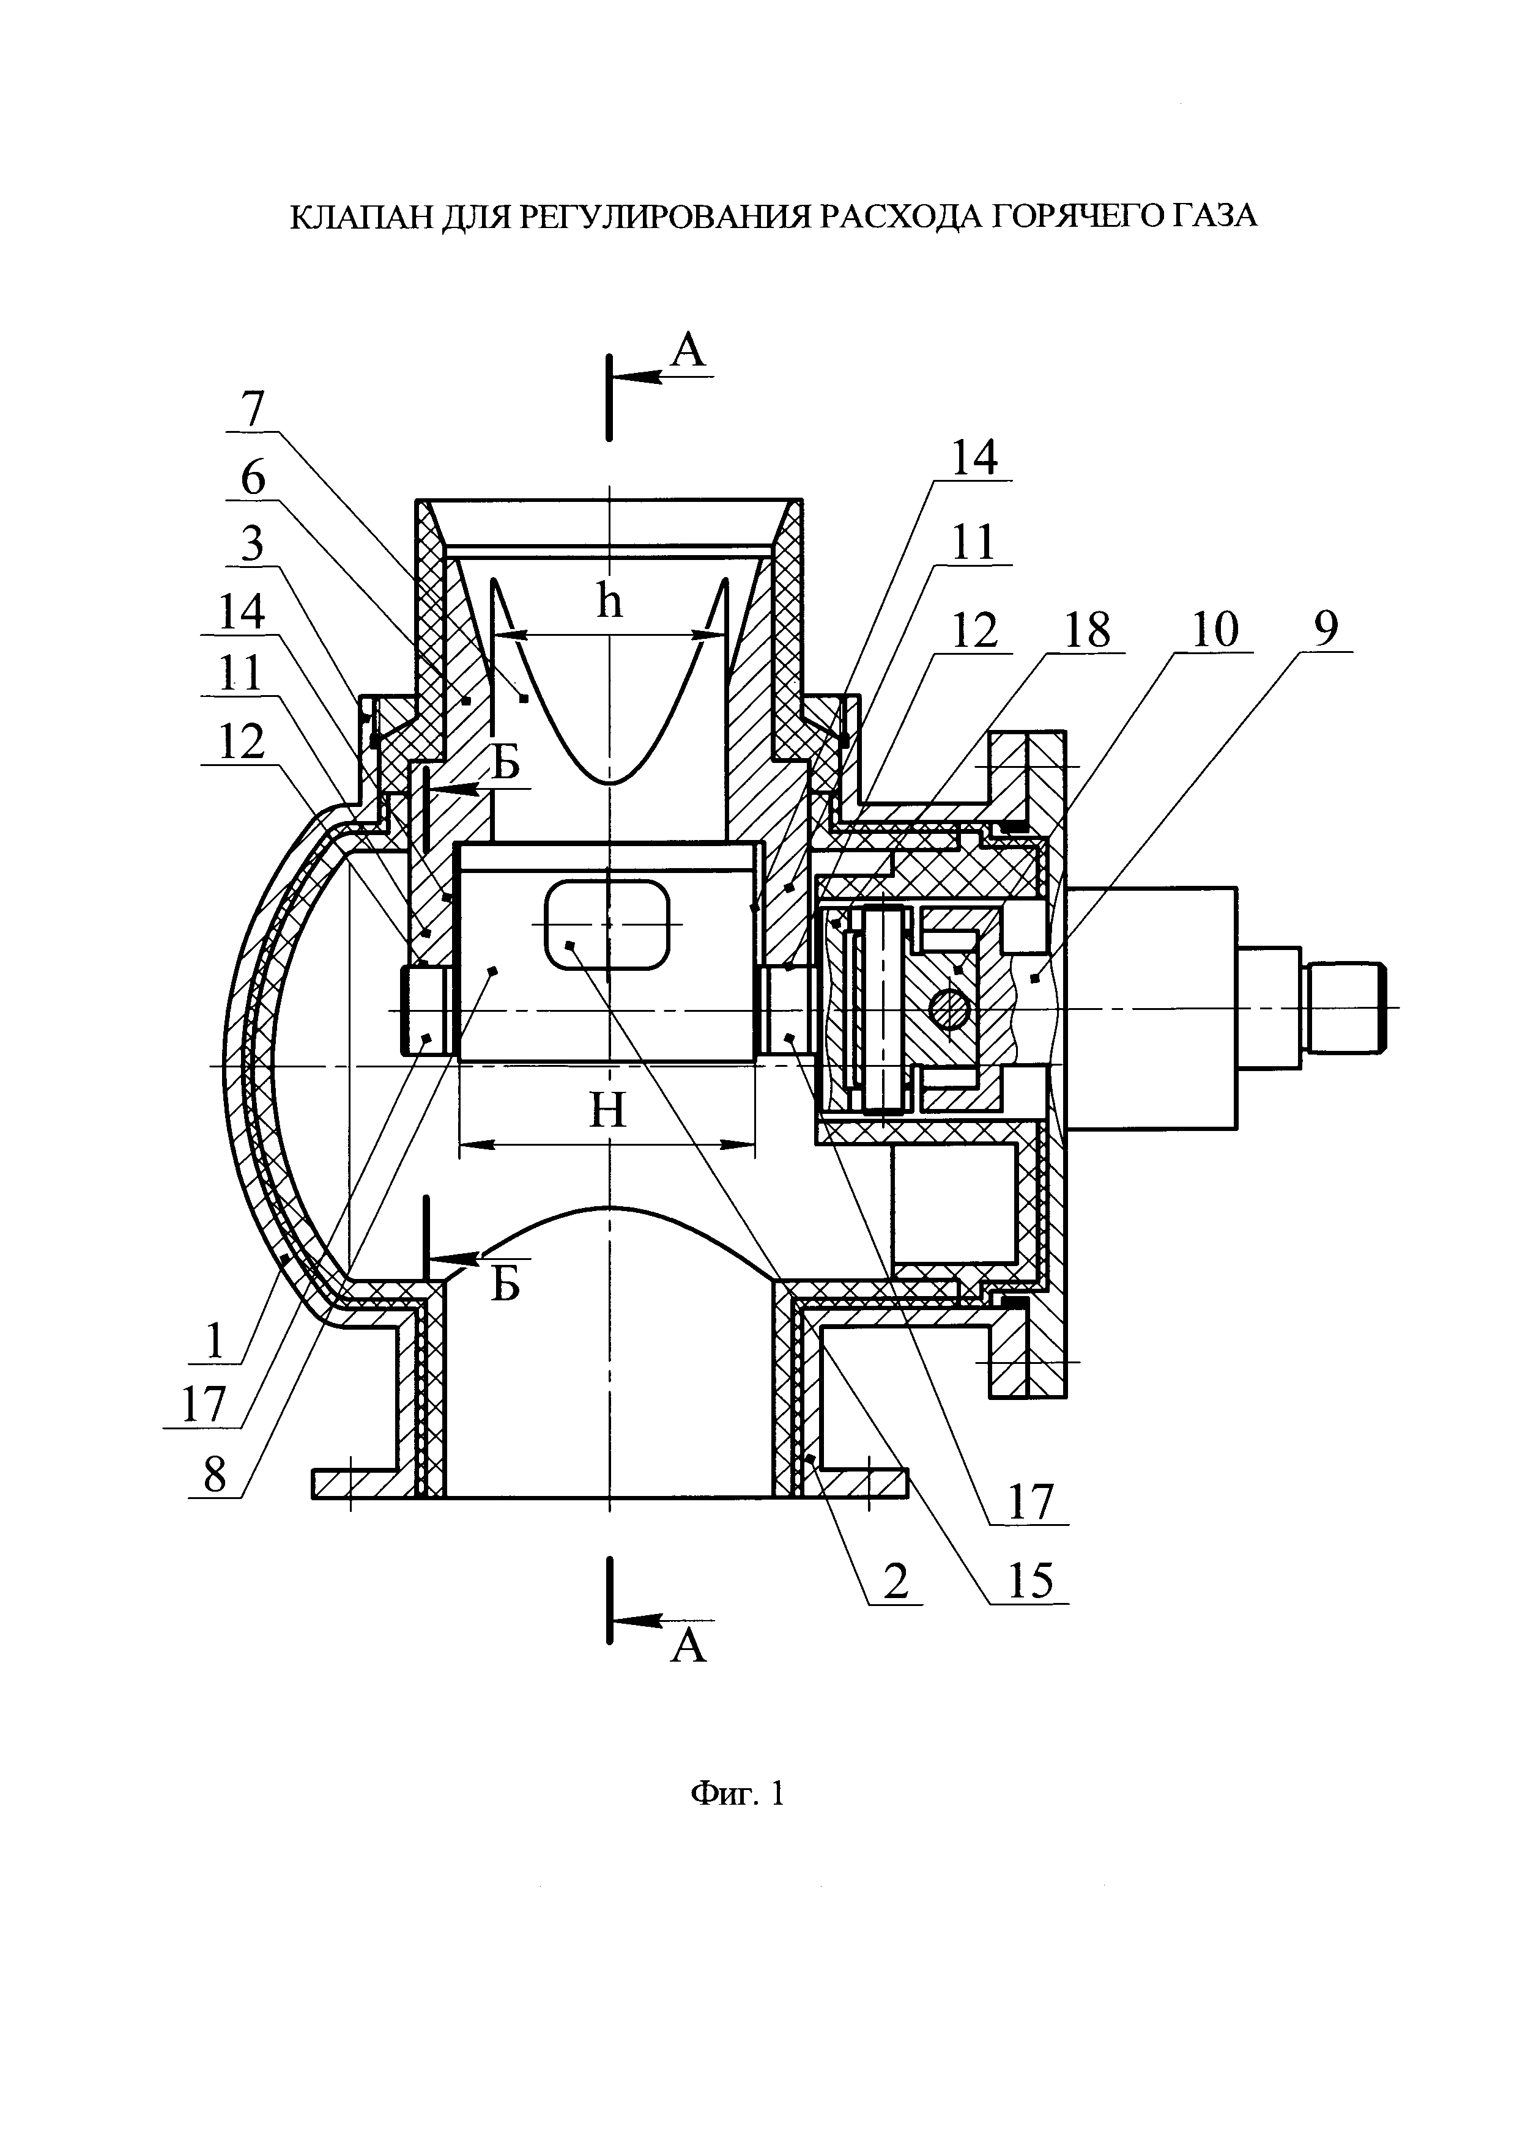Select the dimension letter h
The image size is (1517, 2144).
pyautogui.click(x=609, y=602)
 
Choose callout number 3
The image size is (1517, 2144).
pyautogui.click(x=252, y=544)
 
